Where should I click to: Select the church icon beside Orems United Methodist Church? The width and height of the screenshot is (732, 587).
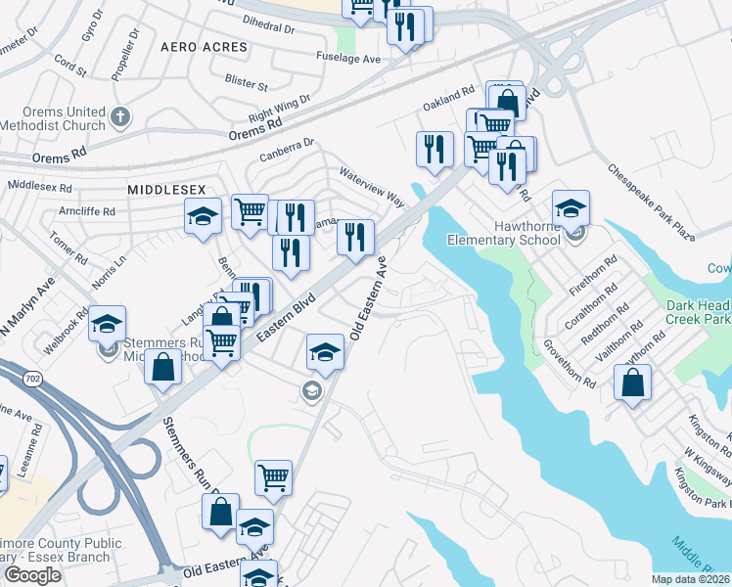tap(120, 118)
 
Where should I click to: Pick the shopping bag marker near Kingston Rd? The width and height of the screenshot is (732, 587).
tap(633, 384)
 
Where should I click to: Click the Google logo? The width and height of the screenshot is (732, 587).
tap(32, 574)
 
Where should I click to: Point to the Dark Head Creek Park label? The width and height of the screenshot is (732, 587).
tap(699, 312)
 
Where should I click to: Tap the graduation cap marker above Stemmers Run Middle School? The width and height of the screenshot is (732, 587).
tap(107, 326)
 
